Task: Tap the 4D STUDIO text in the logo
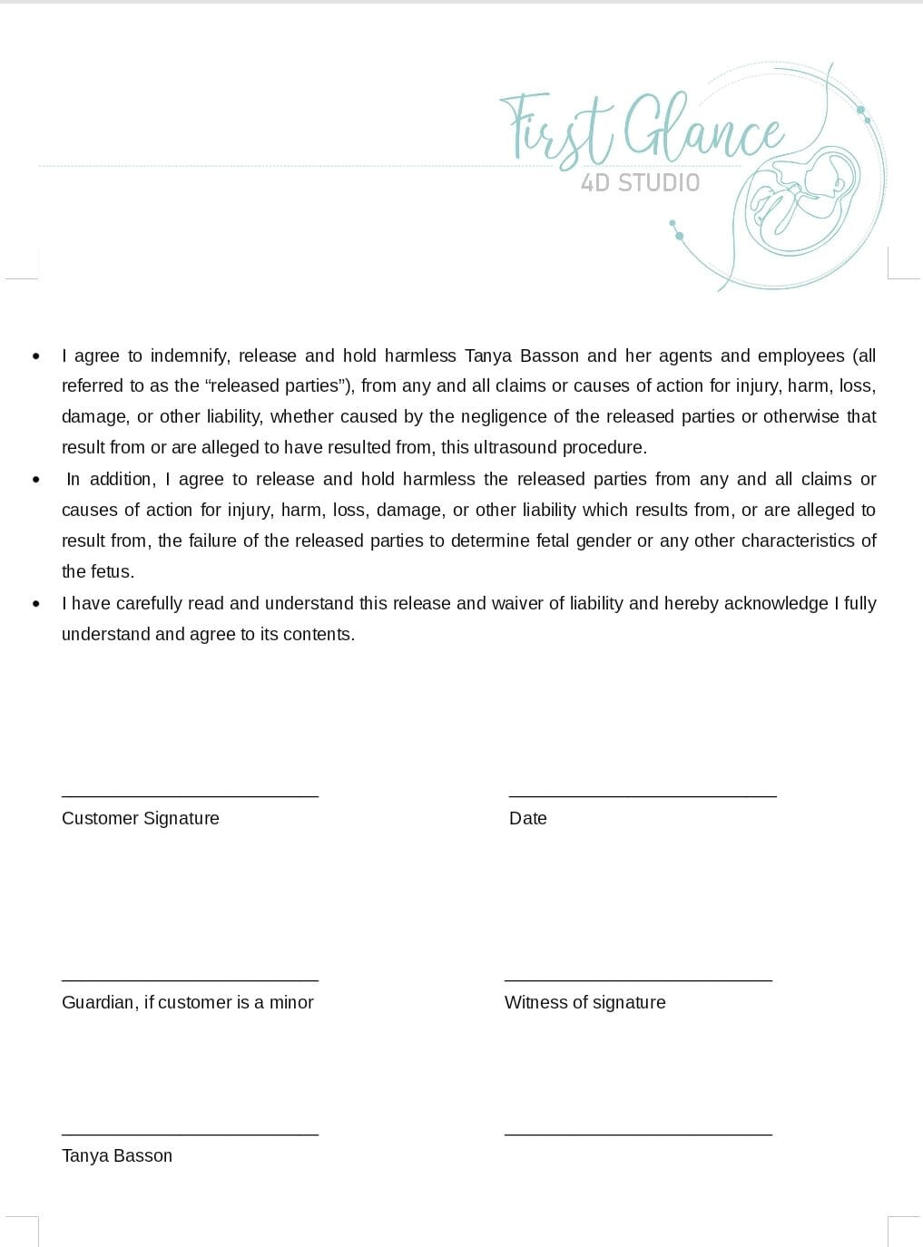click(640, 183)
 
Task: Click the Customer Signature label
click(141, 818)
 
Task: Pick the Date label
click(528, 818)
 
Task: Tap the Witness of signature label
click(584, 1002)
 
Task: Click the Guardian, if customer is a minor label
click(187, 1002)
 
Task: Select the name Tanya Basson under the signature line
click(117, 1155)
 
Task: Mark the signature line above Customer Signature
click(190, 796)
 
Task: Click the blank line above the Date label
click(643, 796)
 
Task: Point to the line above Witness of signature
click(638, 980)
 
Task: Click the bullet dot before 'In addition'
click(36, 479)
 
